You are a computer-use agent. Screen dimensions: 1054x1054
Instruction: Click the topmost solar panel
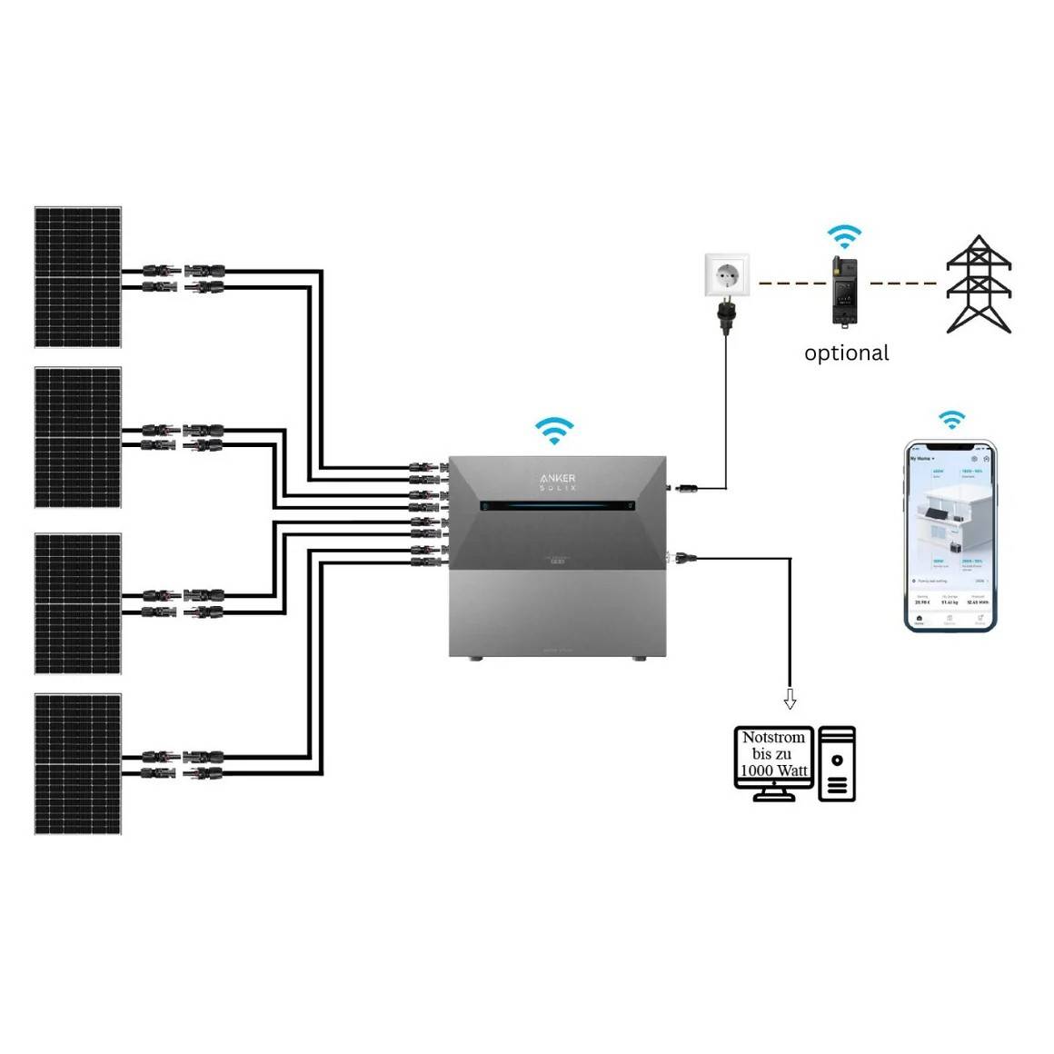tap(78, 277)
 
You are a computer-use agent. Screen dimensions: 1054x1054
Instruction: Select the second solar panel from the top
tap(78, 437)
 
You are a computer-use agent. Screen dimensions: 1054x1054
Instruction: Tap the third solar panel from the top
tap(78, 604)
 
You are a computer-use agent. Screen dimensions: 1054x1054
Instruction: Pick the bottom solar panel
tap(78, 764)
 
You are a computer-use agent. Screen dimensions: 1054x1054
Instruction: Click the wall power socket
tap(728, 275)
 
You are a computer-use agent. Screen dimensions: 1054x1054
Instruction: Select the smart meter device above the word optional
tap(844, 292)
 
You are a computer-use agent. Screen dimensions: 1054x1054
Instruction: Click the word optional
tap(846, 353)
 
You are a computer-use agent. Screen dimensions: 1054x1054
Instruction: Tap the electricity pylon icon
tap(979, 284)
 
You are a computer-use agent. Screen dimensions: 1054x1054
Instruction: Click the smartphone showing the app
tap(950, 535)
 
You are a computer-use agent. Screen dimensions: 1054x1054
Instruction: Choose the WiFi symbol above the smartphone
tap(951, 420)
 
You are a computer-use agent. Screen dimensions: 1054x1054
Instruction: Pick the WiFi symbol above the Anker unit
tap(553, 430)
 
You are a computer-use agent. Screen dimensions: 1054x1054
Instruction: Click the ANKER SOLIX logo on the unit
tap(557, 482)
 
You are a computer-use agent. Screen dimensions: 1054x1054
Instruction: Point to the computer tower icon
tap(837, 763)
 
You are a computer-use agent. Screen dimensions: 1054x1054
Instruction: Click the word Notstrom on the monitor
tap(773, 738)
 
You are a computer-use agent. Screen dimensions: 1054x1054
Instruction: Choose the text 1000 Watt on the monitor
tap(773, 771)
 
